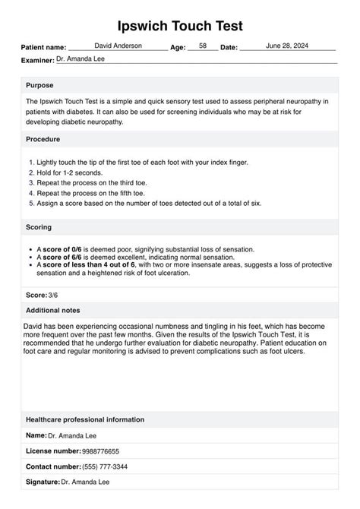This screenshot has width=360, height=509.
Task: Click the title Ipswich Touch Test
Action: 180,26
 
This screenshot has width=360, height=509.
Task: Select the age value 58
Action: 202,46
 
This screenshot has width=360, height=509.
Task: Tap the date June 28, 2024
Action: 288,46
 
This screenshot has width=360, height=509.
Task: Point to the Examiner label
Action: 37,58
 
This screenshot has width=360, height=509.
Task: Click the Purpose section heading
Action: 39,85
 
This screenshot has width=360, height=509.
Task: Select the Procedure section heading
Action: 43,139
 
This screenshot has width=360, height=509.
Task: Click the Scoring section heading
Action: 39,227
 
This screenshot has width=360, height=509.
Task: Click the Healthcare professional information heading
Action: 84,419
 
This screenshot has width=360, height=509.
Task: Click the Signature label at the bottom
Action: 43,482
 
